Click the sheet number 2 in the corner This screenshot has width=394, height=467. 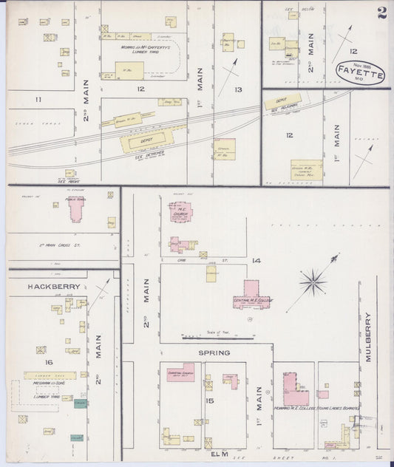click(381, 13)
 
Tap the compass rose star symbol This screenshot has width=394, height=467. click(313, 281)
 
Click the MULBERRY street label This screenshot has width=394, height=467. click(368, 337)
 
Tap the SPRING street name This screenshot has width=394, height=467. click(213, 353)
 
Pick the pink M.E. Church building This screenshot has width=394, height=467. click(180, 213)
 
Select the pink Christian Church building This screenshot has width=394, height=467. click(180, 374)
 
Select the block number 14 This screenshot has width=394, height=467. click(256, 261)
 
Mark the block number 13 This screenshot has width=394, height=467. click(238, 89)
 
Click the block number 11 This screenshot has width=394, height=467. click(38, 98)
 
